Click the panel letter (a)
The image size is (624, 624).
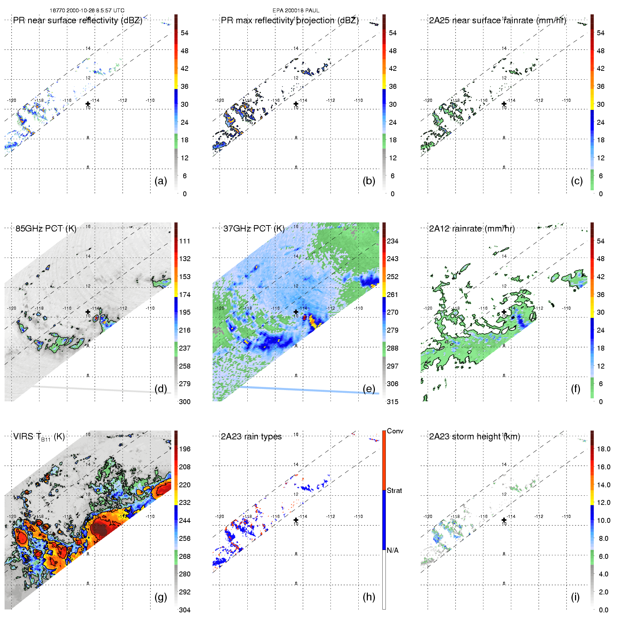pyautogui.click(x=161, y=181)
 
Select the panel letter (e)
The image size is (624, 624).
pyautogui.click(x=369, y=389)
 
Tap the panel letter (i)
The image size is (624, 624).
pyautogui.click(x=575, y=597)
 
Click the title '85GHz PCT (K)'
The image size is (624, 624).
pyautogui.click(x=46, y=228)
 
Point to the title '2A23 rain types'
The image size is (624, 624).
pyautogui.click(x=251, y=437)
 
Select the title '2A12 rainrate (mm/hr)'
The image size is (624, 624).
pyautogui.click(x=472, y=228)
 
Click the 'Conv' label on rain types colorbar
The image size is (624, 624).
pyautogui.click(x=395, y=431)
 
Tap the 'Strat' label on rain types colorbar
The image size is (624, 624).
pyautogui.click(x=394, y=490)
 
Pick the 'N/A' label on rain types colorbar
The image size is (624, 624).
pyautogui.click(x=393, y=550)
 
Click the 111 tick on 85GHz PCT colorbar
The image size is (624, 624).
pyautogui.click(x=185, y=241)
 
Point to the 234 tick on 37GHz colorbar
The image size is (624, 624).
pyautogui.click(x=393, y=241)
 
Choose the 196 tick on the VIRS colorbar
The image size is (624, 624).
pyautogui.click(x=185, y=449)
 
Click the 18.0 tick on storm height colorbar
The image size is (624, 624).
pyautogui.click(x=604, y=449)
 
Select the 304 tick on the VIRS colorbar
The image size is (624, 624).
pyautogui.click(x=185, y=610)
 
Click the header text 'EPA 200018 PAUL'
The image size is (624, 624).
pyautogui.click(x=296, y=11)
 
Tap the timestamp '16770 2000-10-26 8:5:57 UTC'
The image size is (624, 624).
pyautogui.click(x=87, y=11)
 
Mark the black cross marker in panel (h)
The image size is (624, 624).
pyautogui.click(x=296, y=520)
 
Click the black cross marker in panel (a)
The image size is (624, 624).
pyautogui.click(x=88, y=104)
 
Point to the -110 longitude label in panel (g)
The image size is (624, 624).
pyautogui.click(x=150, y=516)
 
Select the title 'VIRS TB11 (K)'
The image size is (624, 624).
pyautogui.click(x=39, y=437)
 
